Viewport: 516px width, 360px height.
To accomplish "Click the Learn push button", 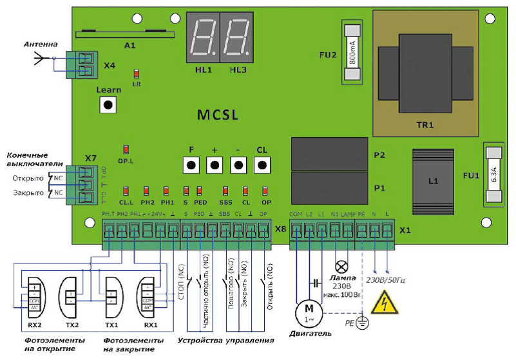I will [x=109, y=104].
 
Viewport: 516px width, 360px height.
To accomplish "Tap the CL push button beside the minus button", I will [x=262, y=165].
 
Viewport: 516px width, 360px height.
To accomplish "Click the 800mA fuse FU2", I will [x=352, y=52].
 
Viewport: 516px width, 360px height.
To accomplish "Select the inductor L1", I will [x=433, y=181].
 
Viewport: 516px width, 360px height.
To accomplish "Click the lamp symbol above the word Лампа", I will [x=341, y=265].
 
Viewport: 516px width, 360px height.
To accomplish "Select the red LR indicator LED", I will [x=136, y=74].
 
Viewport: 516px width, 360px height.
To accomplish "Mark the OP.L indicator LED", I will [x=126, y=149].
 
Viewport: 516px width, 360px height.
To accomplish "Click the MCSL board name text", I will [x=217, y=115].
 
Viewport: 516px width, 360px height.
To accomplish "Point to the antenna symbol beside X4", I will [x=41, y=59].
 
